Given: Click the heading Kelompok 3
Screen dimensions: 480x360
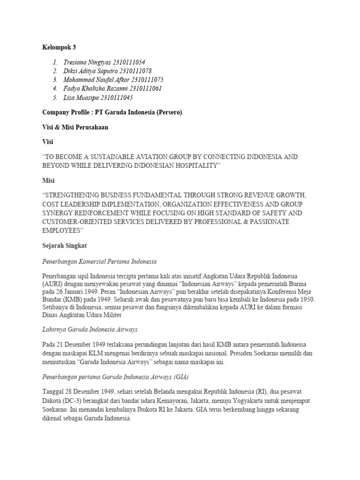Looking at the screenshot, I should coord(59,47).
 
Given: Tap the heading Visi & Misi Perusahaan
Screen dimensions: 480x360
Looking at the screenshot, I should coord(75,127).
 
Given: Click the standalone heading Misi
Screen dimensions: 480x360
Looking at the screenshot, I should coord(48,180).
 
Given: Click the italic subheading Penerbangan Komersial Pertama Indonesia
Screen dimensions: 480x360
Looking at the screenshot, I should coord(99,261).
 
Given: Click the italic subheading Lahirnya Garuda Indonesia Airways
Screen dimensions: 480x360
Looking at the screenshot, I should coord(90,330).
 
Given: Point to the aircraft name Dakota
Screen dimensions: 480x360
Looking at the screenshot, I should coord(52,401).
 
